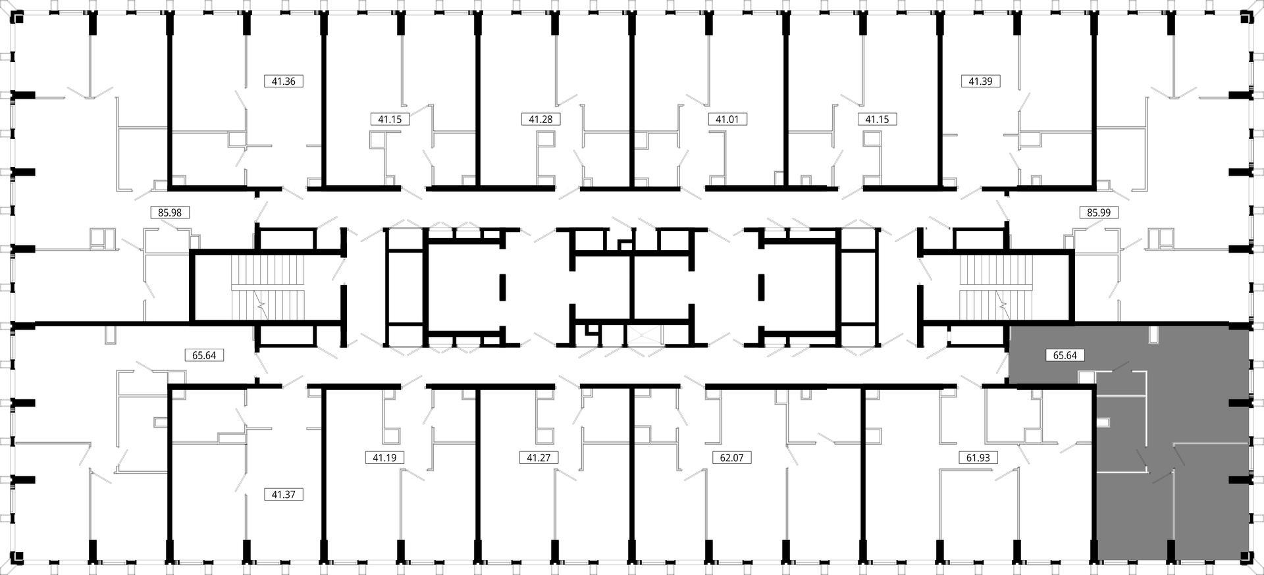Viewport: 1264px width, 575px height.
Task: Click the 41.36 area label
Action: [284, 82]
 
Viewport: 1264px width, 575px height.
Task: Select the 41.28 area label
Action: [540, 119]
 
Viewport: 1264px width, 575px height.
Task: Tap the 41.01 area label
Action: [727, 119]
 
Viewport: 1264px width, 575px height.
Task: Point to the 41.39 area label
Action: [981, 82]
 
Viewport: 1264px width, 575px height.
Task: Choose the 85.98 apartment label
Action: [170, 213]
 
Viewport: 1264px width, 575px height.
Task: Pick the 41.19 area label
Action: [384, 457]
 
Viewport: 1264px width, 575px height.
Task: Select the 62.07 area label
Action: [732, 457]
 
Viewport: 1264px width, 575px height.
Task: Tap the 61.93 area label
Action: [978, 457]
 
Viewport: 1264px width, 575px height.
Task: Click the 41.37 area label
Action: [284, 494]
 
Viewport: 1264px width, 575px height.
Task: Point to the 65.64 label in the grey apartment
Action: [1065, 355]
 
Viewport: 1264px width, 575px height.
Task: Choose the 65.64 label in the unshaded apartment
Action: [204, 355]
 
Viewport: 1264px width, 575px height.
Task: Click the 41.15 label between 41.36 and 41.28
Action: [390, 119]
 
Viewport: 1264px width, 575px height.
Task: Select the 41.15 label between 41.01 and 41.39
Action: [877, 119]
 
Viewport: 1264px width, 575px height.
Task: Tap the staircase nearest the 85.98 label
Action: [270, 287]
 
